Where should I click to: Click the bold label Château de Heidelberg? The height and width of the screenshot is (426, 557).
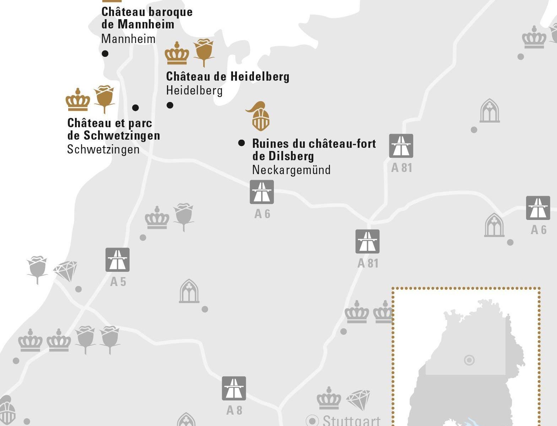tap(228, 76)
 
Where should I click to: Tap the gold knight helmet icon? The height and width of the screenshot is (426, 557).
tap(259, 116)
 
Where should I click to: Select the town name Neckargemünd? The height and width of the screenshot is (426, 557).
tap(291, 170)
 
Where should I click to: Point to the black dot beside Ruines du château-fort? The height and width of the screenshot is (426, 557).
tap(242, 143)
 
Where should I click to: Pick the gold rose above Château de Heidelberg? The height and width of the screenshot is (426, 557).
tap(204, 52)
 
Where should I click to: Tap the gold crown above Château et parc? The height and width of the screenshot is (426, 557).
tap(78, 99)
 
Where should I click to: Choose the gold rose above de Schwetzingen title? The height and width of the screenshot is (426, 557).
tap(104, 98)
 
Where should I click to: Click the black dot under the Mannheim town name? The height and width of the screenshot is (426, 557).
tap(105, 54)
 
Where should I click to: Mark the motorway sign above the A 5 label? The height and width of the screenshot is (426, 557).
tap(118, 260)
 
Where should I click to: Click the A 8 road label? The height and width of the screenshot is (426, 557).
tap(234, 410)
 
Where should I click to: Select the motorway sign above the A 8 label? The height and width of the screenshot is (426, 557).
tap(234, 388)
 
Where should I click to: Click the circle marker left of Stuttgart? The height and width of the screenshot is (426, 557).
tap(312, 421)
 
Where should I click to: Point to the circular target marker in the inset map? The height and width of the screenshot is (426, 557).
tap(469, 360)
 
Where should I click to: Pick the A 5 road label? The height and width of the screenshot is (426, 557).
tap(118, 282)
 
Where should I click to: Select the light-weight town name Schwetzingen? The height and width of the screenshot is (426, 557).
tap(103, 150)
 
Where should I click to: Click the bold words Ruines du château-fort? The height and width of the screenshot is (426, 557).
tap(314, 144)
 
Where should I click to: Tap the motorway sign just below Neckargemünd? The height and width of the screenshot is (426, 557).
tap(262, 192)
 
